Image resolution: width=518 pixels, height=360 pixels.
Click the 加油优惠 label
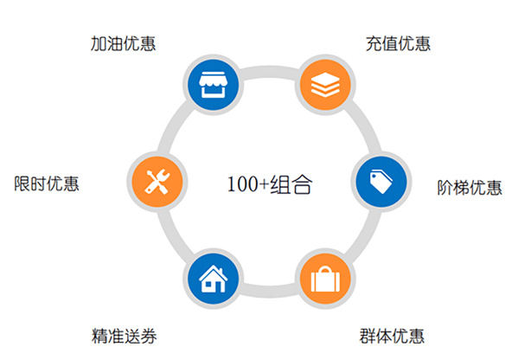[x=123, y=43]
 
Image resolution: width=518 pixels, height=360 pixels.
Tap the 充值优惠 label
[x=398, y=43]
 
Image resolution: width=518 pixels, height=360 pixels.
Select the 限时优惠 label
[x=47, y=183]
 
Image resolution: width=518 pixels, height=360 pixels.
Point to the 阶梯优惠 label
[x=470, y=188]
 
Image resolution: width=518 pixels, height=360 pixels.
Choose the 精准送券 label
[x=125, y=336]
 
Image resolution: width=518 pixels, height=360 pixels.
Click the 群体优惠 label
[x=392, y=336]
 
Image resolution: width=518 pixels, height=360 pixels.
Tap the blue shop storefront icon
[x=213, y=85]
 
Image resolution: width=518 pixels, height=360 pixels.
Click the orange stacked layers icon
[x=325, y=85]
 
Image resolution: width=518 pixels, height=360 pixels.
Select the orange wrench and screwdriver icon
[x=157, y=182]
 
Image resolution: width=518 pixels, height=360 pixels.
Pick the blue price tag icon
[x=381, y=182]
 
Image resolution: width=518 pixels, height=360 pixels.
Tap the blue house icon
[x=213, y=279]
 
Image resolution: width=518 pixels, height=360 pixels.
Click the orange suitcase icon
[x=325, y=279]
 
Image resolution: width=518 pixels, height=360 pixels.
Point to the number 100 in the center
[x=243, y=184]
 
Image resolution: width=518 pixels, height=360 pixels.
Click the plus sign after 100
[x=264, y=184]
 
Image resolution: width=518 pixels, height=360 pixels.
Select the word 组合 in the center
[x=291, y=184]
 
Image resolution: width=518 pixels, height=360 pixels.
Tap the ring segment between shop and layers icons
[x=269, y=73]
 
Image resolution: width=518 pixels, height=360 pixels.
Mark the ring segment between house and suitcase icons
[x=269, y=292]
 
